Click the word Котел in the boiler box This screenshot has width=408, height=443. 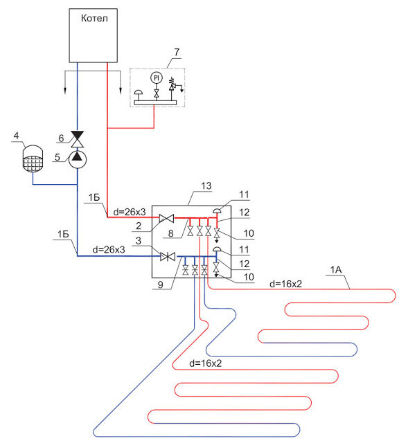pos(94,19)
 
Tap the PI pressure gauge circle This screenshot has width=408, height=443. pos(157,78)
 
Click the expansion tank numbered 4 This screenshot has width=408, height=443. pos(33,159)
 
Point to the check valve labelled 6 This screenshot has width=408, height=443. pos(77,139)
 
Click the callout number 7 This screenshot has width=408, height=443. pos(177,52)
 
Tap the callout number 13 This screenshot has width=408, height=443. pos(206,186)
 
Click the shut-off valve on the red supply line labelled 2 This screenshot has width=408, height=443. pos(166,218)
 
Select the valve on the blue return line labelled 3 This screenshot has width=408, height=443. pos(168,257)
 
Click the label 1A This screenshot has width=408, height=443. pos(336,270)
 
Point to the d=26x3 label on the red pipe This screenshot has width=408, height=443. pos(130,212)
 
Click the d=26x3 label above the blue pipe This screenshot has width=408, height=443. pos(109,249)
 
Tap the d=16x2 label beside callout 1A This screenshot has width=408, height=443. pos(285,284)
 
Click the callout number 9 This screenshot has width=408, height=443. pos(160,284)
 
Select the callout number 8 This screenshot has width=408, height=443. pos(170,233)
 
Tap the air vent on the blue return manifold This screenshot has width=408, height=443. pos(217,249)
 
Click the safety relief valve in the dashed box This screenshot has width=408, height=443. pos(172,84)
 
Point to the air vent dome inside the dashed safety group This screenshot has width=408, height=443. pos(139,92)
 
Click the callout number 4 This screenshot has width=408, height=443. pos(17,136)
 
